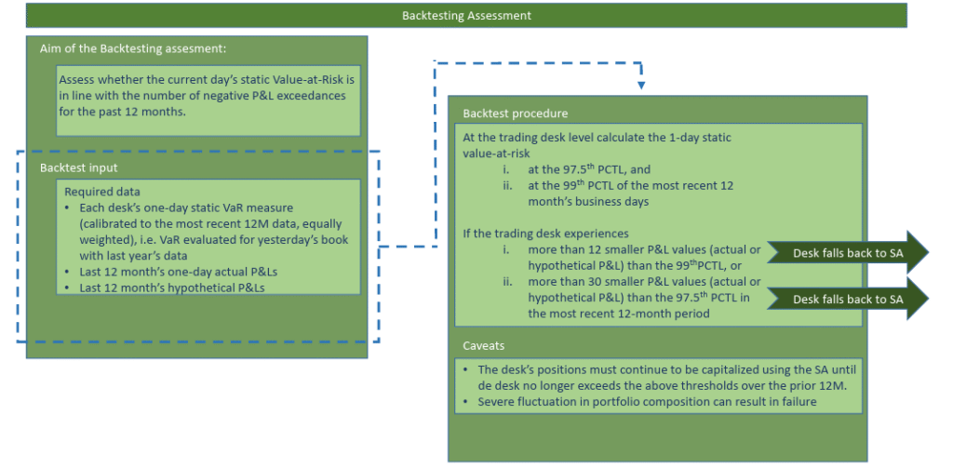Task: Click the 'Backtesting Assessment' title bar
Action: pyautogui.click(x=466, y=16)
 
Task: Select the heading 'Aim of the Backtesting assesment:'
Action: pyautogui.click(x=132, y=48)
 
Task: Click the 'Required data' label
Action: pyautogui.click(x=102, y=192)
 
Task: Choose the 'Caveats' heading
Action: pyautogui.click(x=483, y=346)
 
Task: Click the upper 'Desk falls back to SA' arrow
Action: pyautogui.click(x=848, y=253)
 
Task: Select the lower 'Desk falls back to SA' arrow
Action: pyautogui.click(x=848, y=299)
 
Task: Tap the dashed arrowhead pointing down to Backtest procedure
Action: pyautogui.click(x=640, y=86)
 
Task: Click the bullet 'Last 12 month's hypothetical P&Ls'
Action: pyautogui.click(x=172, y=287)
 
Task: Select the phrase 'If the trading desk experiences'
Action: pyautogui.click(x=545, y=234)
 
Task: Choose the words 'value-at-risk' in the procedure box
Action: pyautogui.click(x=496, y=154)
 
